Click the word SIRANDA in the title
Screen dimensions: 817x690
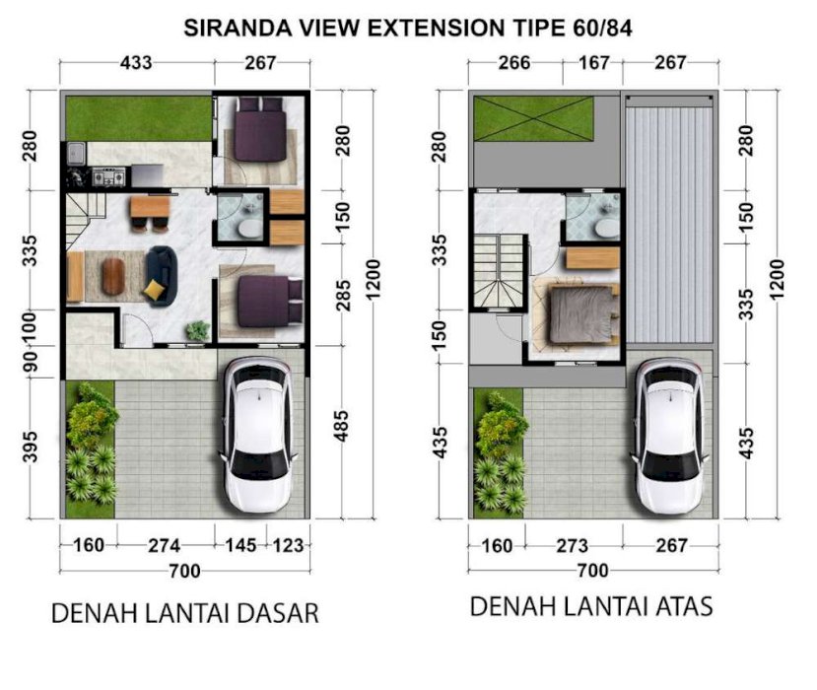[238, 29]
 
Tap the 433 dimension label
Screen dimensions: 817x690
[136, 63]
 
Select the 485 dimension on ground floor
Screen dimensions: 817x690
[341, 426]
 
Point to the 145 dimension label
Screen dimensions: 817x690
[240, 545]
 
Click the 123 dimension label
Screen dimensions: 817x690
[288, 545]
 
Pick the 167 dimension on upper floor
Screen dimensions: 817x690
[594, 63]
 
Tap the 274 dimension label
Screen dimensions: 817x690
[165, 545]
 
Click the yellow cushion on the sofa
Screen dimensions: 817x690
[153, 289]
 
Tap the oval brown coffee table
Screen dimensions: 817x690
[112, 276]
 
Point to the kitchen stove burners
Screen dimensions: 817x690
[108, 176]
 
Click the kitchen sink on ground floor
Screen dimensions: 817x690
[77, 153]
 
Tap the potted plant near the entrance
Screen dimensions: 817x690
[198, 331]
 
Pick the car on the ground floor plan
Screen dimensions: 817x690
[259, 435]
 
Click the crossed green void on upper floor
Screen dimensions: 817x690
[533, 118]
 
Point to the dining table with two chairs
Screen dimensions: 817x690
[150, 213]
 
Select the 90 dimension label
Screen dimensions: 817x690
[31, 362]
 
